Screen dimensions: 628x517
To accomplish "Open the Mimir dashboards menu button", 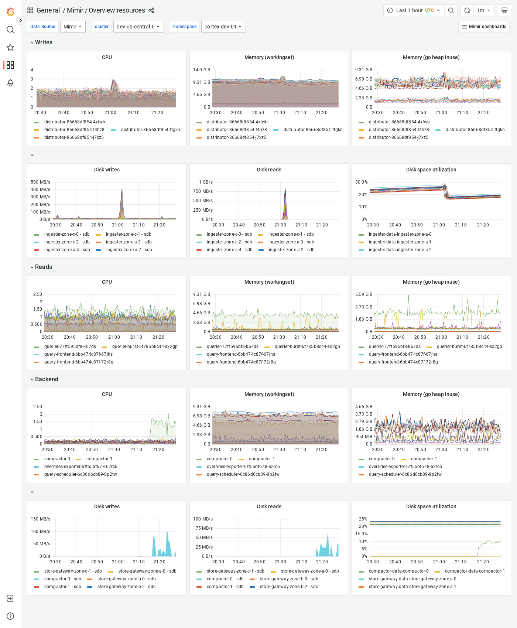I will [484, 27].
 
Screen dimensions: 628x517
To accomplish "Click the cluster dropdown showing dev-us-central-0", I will [138, 27].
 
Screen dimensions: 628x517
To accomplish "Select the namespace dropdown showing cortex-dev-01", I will [223, 27].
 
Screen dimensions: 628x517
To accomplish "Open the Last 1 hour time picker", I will [414, 10].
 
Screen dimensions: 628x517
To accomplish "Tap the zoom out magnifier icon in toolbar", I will [451, 10].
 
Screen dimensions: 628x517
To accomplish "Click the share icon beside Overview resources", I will [151, 10].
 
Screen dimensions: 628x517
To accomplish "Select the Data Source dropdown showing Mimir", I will [72, 27].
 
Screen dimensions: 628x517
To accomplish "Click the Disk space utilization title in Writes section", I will [431, 170].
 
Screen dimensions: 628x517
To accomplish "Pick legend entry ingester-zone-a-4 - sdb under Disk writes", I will [67, 250].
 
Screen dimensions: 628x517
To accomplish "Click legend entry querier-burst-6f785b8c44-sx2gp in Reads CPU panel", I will [144, 347].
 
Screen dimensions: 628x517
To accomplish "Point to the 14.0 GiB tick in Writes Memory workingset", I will [201, 70].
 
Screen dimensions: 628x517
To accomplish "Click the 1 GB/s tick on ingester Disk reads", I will [206, 182].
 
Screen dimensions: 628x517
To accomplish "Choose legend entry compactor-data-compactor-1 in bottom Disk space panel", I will [475, 571].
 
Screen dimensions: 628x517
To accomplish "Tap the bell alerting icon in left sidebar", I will [10, 83].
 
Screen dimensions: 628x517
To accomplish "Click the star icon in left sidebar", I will [10, 47].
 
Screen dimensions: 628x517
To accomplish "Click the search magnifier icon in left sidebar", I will [10, 30].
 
